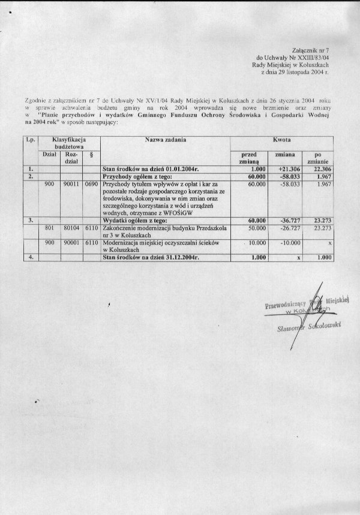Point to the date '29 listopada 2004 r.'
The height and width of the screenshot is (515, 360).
click(x=305, y=72)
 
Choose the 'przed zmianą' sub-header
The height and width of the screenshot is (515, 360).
click(x=248, y=158)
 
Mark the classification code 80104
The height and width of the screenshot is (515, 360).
click(x=71, y=228)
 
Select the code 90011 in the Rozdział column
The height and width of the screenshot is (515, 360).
click(x=71, y=184)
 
